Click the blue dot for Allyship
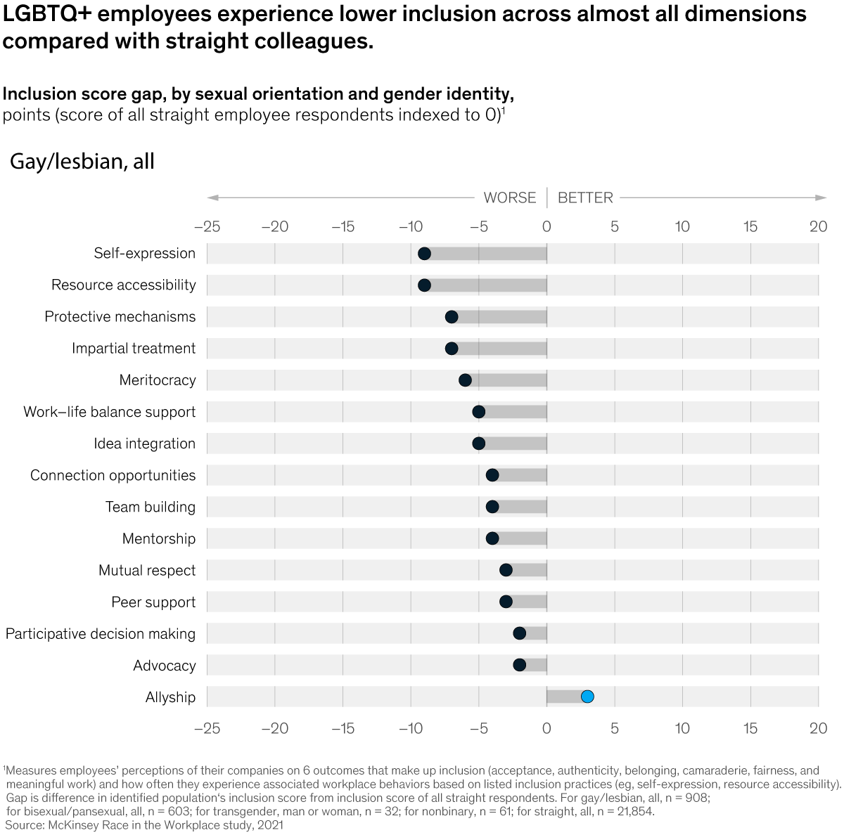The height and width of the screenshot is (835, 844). pyautogui.click(x=587, y=697)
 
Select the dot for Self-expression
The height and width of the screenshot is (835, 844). pyautogui.click(x=424, y=254)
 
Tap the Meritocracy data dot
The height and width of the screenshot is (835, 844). pyautogui.click(x=465, y=380)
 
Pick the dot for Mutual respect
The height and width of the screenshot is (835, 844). pyautogui.click(x=506, y=570)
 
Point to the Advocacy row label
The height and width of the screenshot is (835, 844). pyautogui.click(x=164, y=666)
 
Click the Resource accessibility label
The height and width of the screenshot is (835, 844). pyautogui.click(x=123, y=285)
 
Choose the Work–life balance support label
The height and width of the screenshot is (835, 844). pyautogui.click(x=109, y=412)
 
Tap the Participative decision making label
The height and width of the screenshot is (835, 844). pyautogui.click(x=101, y=634)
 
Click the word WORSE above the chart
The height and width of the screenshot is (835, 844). pyautogui.click(x=509, y=198)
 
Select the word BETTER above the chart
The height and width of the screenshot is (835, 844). pyautogui.click(x=585, y=198)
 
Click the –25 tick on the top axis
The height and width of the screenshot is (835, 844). pyautogui.click(x=207, y=226)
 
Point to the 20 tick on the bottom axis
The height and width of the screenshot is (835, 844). pyautogui.click(x=818, y=728)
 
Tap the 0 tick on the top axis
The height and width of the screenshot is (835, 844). pyautogui.click(x=546, y=226)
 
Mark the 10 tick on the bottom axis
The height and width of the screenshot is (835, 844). pyautogui.click(x=682, y=728)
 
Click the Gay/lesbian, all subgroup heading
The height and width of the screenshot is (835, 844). pyautogui.click(x=82, y=162)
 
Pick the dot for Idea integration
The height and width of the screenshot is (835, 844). pyautogui.click(x=478, y=444)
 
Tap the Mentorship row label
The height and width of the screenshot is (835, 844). pyautogui.click(x=158, y=538)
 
